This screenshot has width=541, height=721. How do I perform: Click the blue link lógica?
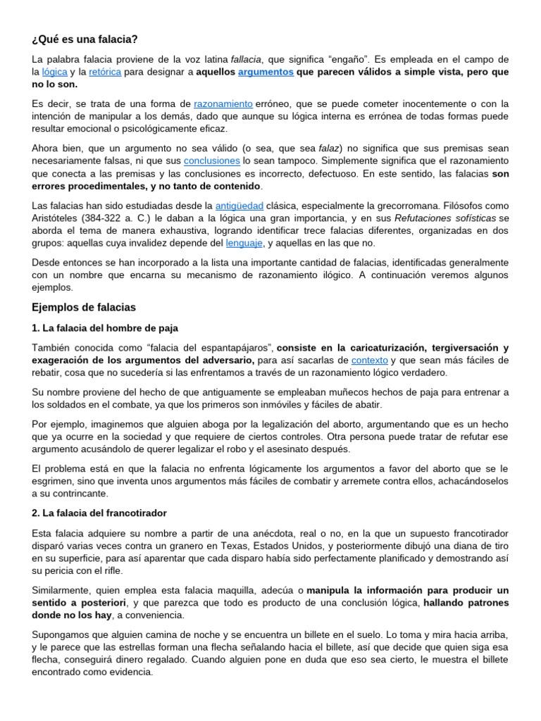[55, 72]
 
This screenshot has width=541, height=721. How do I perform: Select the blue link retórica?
[105, 72]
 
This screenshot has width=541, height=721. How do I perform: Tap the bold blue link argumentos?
[266, 72]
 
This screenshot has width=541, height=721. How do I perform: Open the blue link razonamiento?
[223, 104]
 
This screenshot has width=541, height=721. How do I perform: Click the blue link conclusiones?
[211, 161]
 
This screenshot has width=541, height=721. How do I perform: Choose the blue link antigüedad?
[240, 205]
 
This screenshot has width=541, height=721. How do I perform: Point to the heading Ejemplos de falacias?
[84, 308]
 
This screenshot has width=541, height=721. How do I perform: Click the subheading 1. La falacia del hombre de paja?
[105, 328]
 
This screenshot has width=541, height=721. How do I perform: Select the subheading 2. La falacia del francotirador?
[99, 513]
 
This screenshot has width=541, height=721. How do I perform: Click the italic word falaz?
[329, 148]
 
